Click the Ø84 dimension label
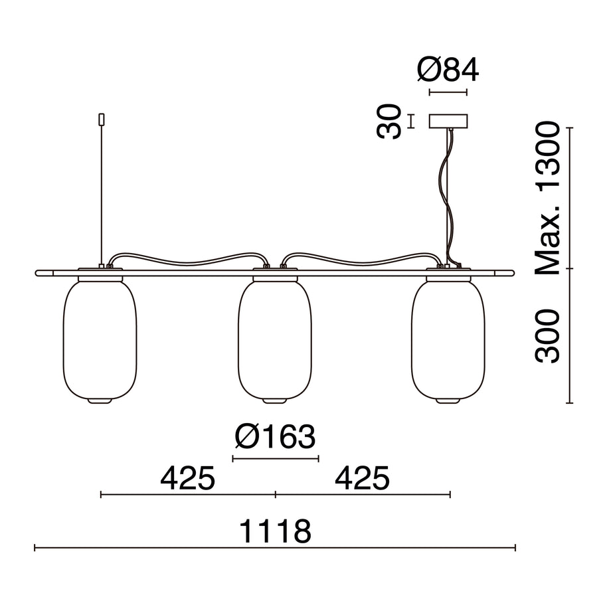pos(448,70)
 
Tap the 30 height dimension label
pos(389,122)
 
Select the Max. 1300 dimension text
pos(547,198)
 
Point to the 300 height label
pos(547,336)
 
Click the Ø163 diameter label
pos(275,437)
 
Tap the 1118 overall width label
pos(275,531)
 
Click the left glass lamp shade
pos(100,340)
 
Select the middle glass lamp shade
pos(275,340)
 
